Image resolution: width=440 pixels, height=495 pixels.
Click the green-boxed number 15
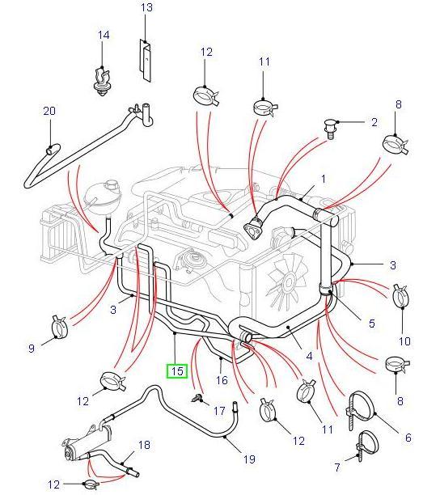[176, 371]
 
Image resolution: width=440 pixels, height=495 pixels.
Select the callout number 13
[146, 8]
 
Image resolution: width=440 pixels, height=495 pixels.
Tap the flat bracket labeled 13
[145, 60]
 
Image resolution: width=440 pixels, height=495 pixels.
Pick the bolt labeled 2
[332, 128]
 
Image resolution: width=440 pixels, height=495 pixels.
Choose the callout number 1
[324, 179]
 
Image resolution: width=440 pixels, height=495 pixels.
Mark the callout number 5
[371, 324]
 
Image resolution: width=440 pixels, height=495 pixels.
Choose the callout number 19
[250, 459]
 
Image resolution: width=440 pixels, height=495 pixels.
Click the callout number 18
[145, 445]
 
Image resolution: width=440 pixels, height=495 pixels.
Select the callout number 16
[222, 379]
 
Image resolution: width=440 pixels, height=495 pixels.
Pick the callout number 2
[374, 123]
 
